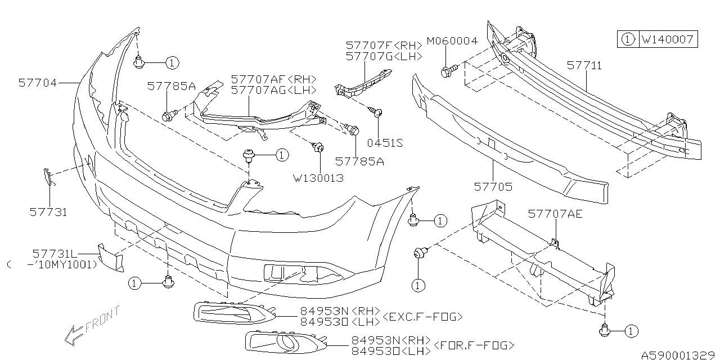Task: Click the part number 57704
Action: click(37, 83)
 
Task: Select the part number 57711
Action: click(584, 66)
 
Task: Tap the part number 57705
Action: click(493, 186)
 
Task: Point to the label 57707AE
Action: click(555, 214)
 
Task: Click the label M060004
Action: click(452, 41)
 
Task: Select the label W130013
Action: click(318, 178)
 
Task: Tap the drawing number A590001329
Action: click(681, 355)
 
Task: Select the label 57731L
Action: click(54, 254)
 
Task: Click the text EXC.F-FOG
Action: click(422, 317)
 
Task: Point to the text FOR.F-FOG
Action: click(473, 345)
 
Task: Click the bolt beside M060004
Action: click(448, 71)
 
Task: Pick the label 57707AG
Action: click(273, 89)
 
